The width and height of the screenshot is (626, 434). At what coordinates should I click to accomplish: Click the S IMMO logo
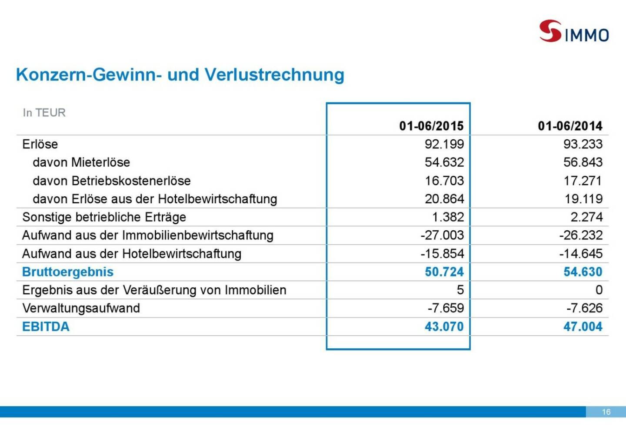click(573, 31)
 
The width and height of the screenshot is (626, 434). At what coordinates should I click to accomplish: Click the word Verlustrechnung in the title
click(274, 75)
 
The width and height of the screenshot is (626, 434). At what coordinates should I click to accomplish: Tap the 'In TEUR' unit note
click(44, 113)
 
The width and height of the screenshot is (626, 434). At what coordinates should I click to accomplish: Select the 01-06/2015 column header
click(431, 126)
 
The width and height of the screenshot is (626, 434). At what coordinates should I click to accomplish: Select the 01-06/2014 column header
click(570, 126)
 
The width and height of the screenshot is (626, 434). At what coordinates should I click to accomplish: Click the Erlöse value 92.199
click(444, 144)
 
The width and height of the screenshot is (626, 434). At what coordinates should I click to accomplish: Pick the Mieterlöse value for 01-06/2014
click(583, 162)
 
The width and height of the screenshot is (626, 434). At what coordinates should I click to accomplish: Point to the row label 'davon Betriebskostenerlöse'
click(112, 181)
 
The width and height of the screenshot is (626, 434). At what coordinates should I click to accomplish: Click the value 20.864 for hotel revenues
click(444, 199)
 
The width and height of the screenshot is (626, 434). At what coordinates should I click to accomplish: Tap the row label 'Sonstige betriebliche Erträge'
click(104, 217)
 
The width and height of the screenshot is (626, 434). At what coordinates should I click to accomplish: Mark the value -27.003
click(442, 236)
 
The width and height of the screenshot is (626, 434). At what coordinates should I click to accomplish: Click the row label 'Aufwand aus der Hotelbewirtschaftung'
click(131, 254)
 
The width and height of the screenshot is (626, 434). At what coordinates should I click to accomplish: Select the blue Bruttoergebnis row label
click(68, 272)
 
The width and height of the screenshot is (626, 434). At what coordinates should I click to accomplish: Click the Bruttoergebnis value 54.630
click(583, 272)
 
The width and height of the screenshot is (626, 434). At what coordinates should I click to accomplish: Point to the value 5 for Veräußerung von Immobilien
click(460, 290)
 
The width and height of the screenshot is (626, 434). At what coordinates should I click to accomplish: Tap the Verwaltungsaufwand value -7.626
click(584, 308)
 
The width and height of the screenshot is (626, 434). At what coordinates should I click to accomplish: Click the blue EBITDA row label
click(46, 327)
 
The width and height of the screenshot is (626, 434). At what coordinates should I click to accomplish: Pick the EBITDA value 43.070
click(444, 327)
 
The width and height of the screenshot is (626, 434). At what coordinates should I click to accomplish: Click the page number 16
click(606, 412)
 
